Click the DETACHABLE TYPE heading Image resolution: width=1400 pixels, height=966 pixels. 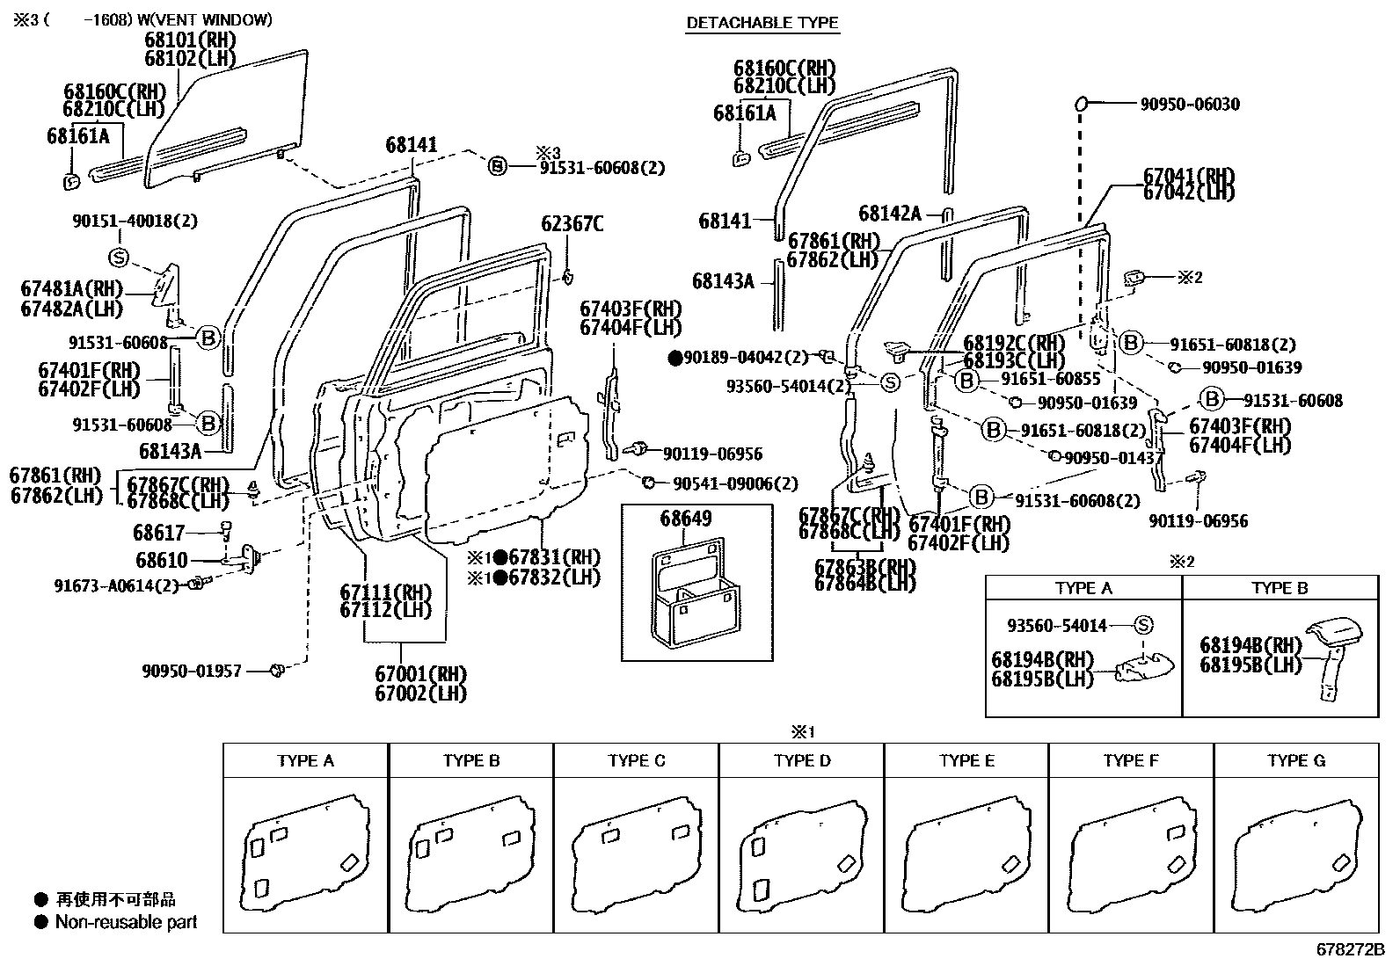click(x=762, y=23)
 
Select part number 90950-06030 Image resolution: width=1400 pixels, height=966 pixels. click(x=1190, y=105)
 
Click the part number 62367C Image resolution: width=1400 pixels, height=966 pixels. click(x=572, y=224)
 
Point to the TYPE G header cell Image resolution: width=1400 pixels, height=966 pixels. click(x=1295, y=760)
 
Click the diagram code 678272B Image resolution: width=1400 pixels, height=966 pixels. click(x=1350, y=949)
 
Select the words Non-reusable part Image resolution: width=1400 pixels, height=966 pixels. click(x=126, y=922)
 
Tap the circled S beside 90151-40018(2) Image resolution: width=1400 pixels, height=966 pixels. click(x=119, y=258)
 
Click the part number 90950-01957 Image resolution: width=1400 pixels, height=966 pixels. click(x=192, y=672)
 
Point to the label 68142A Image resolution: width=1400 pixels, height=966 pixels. click(x=890, y=214)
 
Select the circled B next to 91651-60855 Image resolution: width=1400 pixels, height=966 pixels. click(x=966, y=381)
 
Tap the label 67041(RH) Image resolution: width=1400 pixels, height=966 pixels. click(x=1189, y=176)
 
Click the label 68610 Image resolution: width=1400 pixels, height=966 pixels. click(x=161, y=559)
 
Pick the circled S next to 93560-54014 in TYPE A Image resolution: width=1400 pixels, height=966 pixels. click(x=1142, y=625)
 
